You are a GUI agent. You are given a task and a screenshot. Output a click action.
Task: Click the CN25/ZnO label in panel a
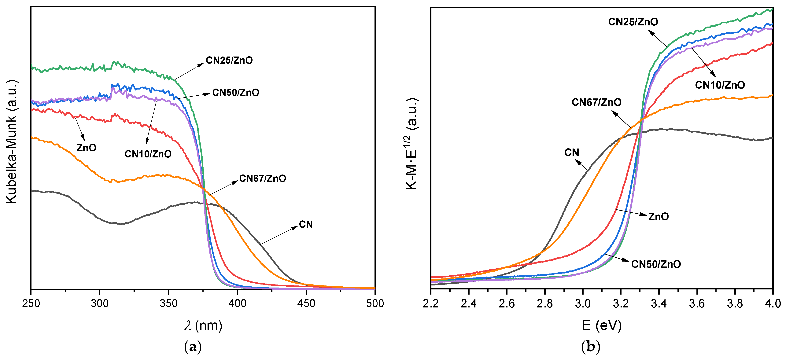pyautogui.click(x=229, y=60)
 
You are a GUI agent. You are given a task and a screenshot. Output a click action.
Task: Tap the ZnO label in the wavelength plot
pyautogui.click(x=86, y=148)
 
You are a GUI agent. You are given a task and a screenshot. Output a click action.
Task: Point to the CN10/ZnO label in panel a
pyautogui.click(x=148, y=154)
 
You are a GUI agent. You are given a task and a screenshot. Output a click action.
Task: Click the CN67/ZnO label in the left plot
pyautogui.click(x=262, y=178)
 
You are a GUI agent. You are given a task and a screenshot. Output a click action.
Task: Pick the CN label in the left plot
pyautogui.click(x=306, y=225)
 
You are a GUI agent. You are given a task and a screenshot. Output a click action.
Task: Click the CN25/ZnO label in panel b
pyautogui.click(x=633, y=22)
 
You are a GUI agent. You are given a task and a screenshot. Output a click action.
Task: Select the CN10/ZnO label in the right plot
pyautogui.click(x=720, y=85)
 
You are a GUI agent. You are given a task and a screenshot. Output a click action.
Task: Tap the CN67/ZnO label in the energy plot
pyautogui.click(x=596, y=102)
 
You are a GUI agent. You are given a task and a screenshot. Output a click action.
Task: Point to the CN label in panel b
pyautogui.click(x=571, y=152)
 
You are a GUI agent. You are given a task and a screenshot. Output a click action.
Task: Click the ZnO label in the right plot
pyautogui.click(x=659, y=217)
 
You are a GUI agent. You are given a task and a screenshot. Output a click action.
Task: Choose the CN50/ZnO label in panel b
pyautogui.click(x=656, y=264)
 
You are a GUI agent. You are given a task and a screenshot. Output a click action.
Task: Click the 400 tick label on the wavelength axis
pyautogui.click(x=237, y=303)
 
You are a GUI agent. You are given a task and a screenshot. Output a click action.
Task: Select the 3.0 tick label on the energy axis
pyautogui.click(x=583, y=303)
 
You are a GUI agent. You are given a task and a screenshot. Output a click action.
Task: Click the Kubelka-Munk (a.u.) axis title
pyautogui.click(x=12, y=142)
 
